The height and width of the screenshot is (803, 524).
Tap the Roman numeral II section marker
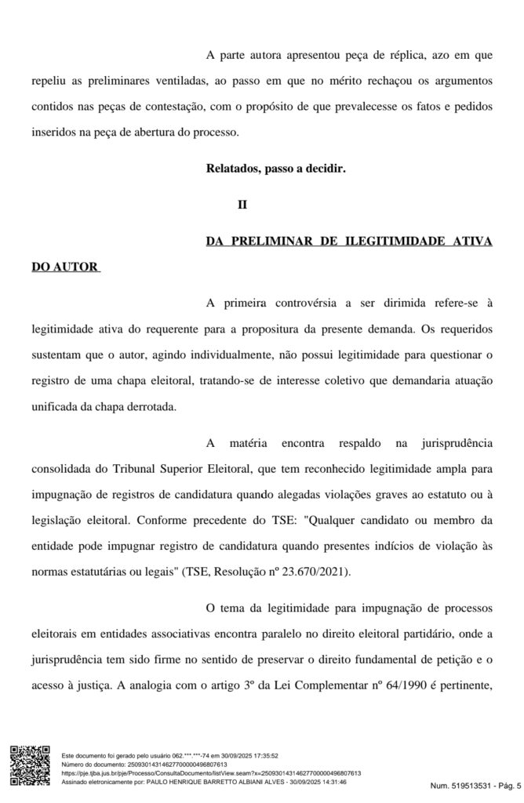(x=242, y=205)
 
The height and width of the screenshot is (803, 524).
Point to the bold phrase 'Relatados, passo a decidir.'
(x=275, y=169)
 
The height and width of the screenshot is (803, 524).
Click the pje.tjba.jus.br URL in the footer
(x=210, y=773)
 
